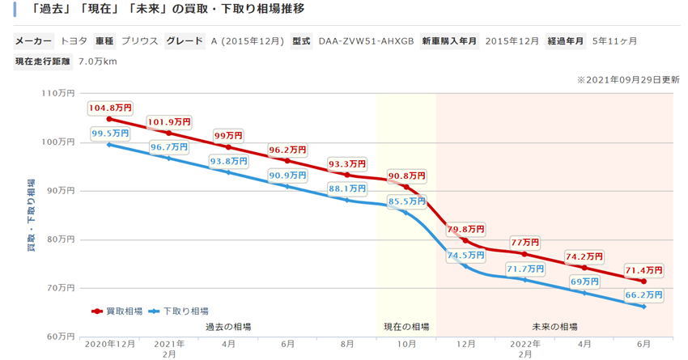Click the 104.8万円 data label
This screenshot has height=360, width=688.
110,107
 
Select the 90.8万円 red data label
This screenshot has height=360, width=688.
406,176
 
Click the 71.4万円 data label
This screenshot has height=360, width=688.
644,269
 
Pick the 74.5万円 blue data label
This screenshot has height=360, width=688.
466,255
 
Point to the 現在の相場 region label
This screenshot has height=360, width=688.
406,327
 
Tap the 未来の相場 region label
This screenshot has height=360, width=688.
554,327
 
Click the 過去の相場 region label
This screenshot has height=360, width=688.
228,327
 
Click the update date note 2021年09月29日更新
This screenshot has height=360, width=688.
628,80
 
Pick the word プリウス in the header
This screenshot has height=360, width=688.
139,40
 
